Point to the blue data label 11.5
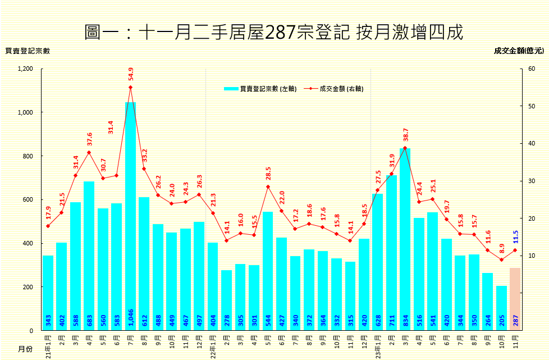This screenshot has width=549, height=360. tap(515, 236)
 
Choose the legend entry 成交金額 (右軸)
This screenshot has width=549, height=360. tap(333, 89)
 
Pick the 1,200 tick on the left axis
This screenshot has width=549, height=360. tap(26, 69)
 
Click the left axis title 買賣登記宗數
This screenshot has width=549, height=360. tap(28, 51)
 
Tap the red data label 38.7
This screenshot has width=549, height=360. tap(405, 138)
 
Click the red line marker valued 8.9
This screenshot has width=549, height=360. tap(501, 259)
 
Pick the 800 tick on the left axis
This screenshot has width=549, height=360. tap(28, 156)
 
